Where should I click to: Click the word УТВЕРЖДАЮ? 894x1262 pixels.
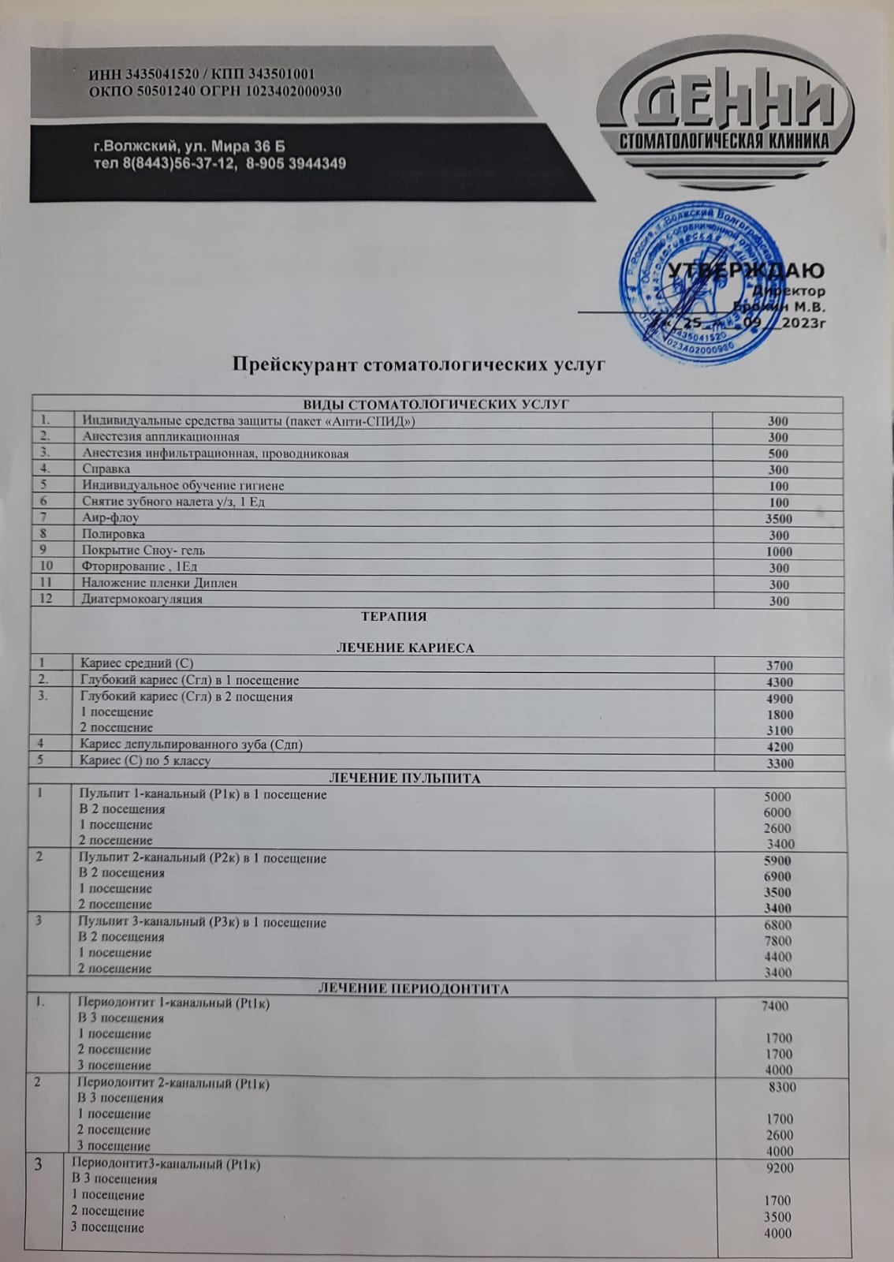(746, 271)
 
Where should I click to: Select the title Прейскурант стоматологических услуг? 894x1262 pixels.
(418, 364)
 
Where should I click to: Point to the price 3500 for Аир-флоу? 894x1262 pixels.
(778, 519)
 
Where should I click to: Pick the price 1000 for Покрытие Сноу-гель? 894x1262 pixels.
(778, 551)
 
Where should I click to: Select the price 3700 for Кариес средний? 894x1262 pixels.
(779, 666)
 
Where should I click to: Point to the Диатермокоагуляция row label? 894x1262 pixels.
(142, 599)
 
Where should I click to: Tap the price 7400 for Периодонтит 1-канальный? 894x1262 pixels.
(774, 1006)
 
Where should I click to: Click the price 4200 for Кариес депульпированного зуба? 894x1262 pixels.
(779, 746)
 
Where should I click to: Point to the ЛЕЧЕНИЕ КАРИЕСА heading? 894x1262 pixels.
(405, 648)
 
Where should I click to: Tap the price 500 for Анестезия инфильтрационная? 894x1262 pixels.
(778, 454)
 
